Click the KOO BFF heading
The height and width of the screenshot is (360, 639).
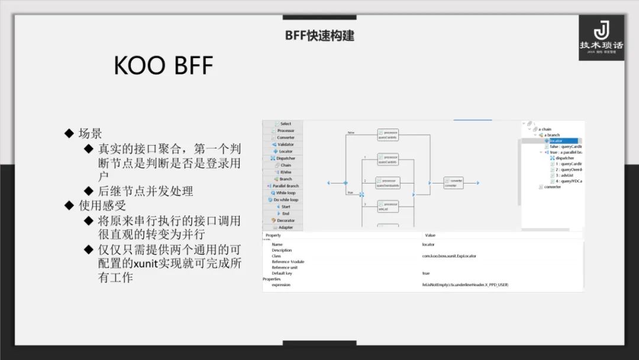163,66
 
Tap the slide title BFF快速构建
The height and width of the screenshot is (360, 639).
319,36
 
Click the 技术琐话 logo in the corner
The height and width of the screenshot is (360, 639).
601,37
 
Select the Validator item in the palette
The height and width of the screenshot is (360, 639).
285,144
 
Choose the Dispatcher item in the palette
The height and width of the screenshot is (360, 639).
285,158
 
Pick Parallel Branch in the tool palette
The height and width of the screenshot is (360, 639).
285,186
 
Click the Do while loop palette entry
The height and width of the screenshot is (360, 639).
285,200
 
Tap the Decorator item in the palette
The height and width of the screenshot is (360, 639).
285,220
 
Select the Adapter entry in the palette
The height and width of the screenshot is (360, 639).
285,227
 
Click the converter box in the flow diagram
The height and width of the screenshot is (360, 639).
453,183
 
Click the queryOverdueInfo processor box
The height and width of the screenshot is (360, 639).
388,183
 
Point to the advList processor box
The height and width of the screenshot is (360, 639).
388,207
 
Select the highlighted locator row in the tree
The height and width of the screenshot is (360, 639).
556,141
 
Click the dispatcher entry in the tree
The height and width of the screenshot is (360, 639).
565,158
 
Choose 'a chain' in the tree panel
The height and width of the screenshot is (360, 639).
544,129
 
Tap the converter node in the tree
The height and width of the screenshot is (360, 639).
553,187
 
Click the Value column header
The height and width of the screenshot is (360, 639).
430,236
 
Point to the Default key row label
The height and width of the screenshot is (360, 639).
282,273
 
